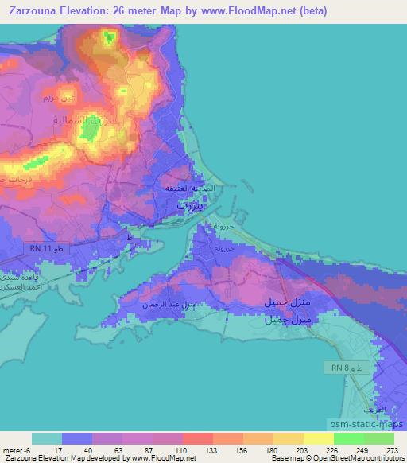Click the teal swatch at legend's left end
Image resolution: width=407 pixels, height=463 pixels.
point(47,438)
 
